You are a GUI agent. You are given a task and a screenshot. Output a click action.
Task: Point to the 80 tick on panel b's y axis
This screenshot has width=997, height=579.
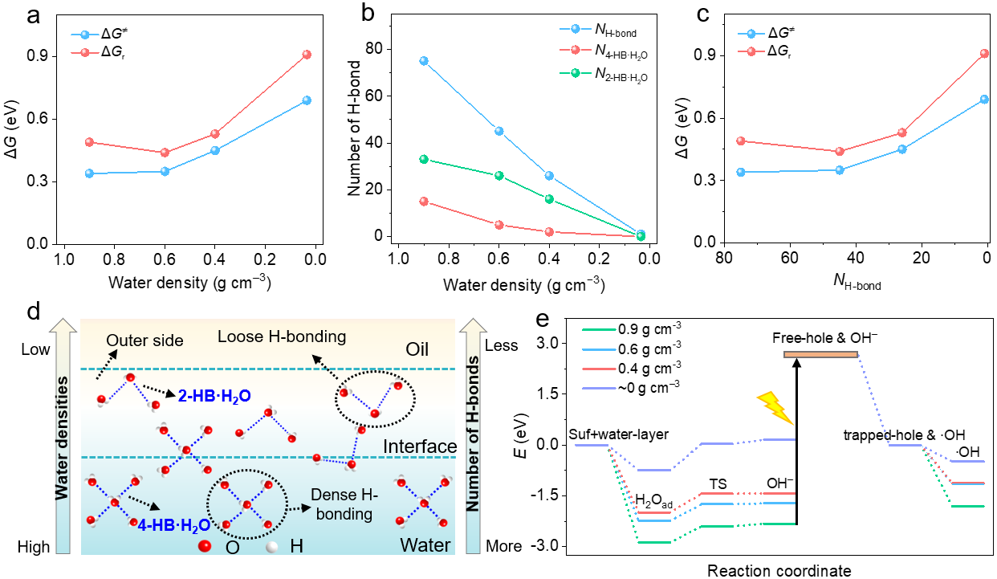point(372,48)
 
